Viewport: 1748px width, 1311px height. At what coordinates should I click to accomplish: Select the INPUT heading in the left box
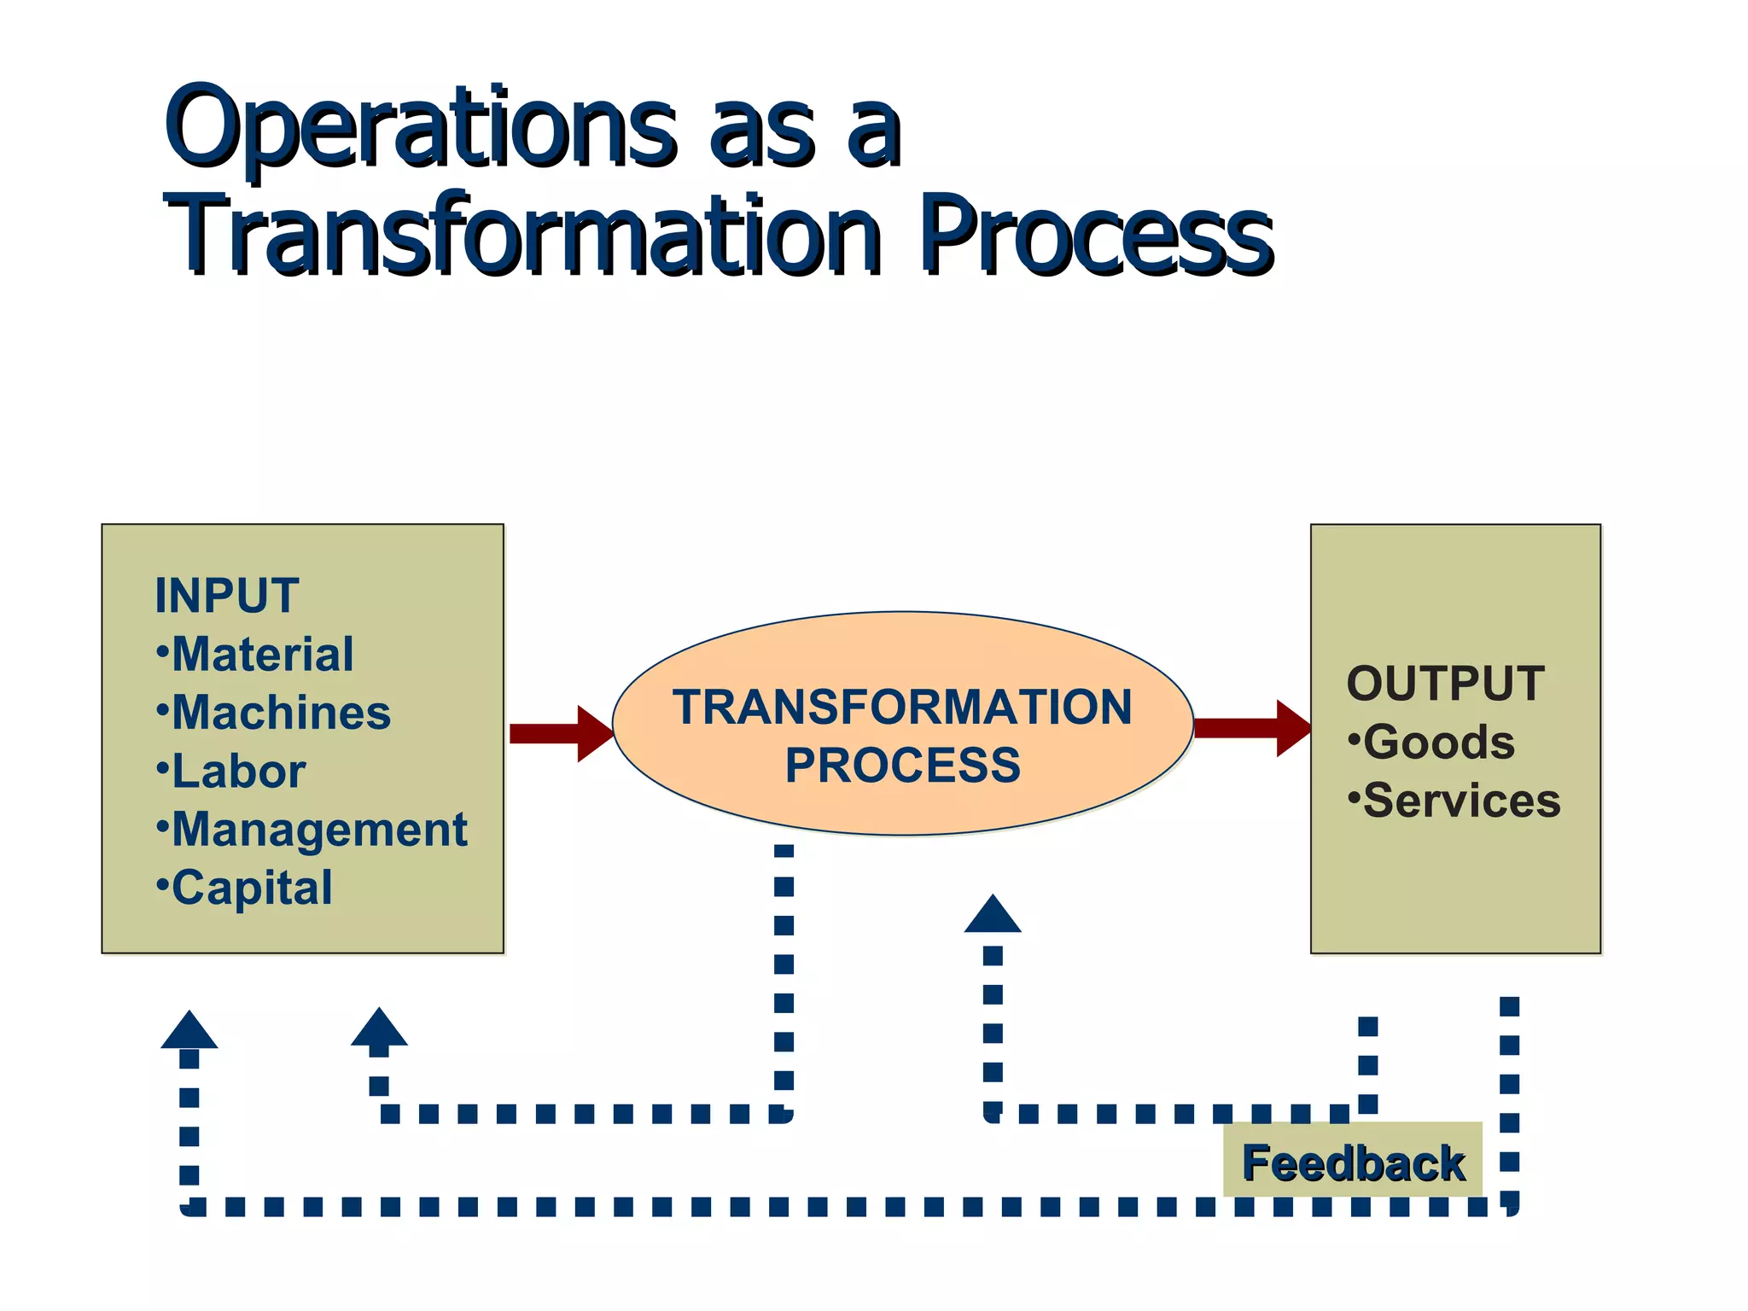coord(227,596)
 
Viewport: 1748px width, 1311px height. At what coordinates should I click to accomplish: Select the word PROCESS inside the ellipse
coord(902,766)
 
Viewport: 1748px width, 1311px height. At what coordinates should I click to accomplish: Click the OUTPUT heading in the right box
coord(1445,684)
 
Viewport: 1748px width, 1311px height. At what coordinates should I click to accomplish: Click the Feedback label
coord(1353,1162)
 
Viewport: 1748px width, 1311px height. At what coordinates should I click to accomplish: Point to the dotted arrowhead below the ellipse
coord(993,916)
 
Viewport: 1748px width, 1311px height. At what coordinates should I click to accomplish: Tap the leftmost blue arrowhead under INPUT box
coord(189,1031)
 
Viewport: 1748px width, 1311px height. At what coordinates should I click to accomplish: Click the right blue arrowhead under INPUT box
coord(379,1028)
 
